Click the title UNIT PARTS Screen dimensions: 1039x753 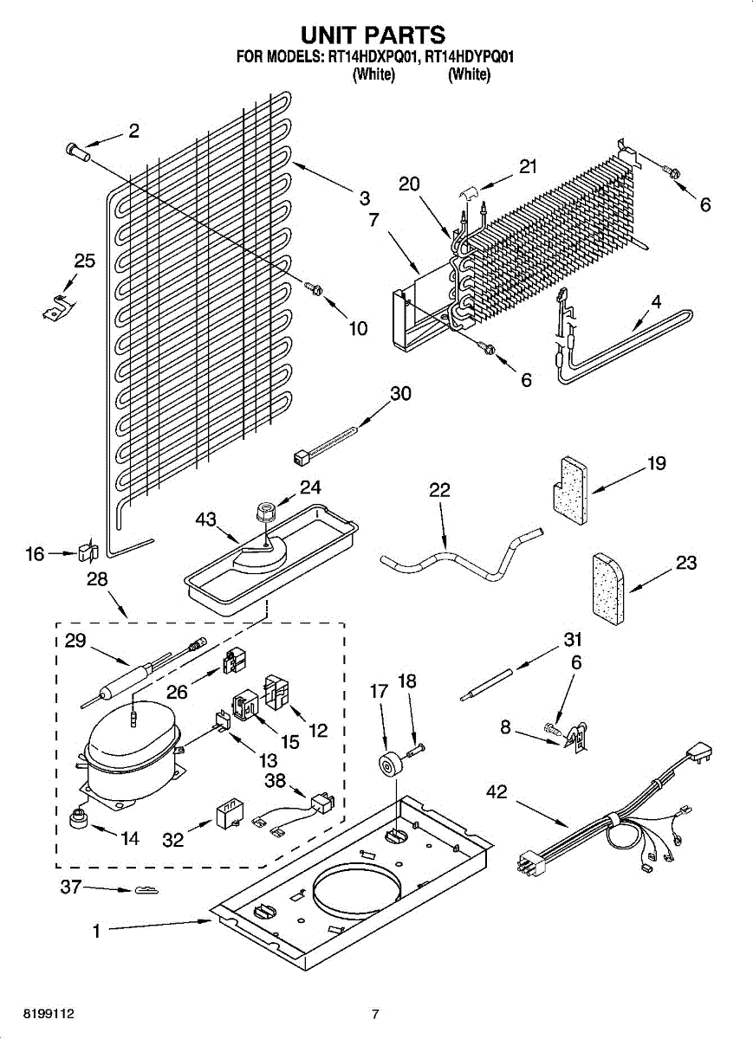point(373,35)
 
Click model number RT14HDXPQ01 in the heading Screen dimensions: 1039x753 point(373,58)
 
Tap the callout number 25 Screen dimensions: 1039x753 point(84,261)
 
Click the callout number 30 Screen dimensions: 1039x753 point(400,393)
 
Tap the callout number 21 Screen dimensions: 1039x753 point(529,167)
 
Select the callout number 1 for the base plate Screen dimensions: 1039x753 point(97,932)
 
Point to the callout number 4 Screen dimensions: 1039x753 point(656,303)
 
